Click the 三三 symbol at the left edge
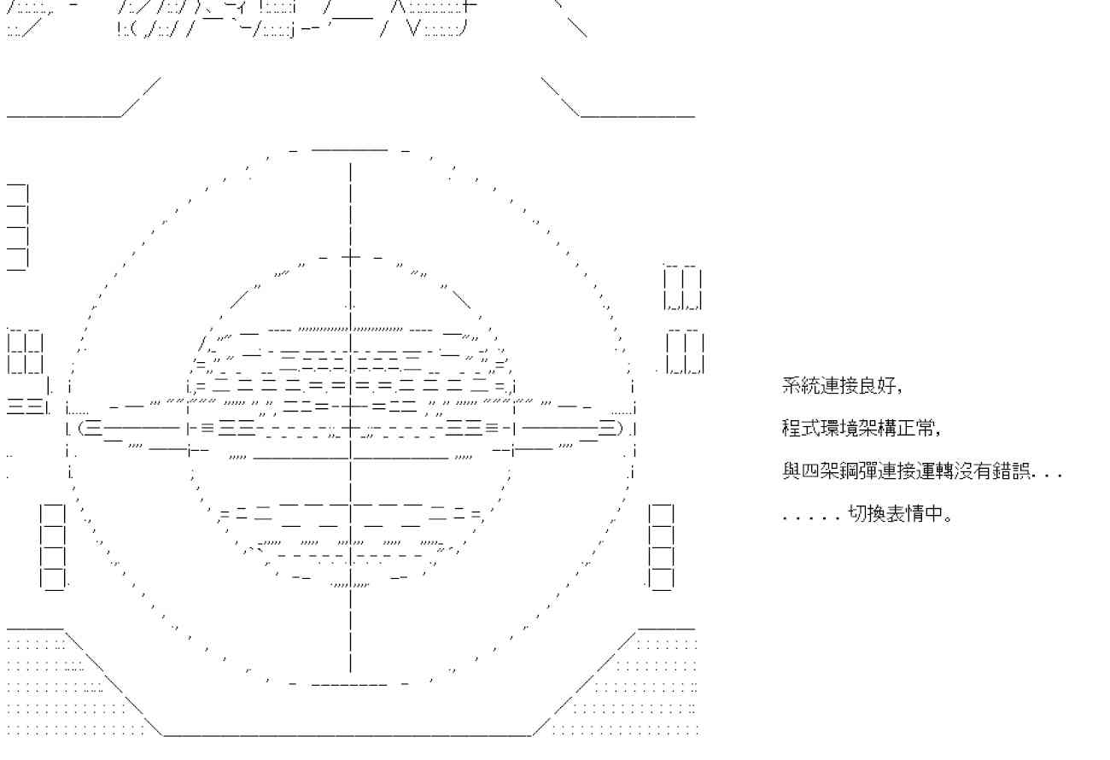point(26,406)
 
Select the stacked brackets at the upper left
point(18,226)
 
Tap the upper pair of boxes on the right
point(683,287)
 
